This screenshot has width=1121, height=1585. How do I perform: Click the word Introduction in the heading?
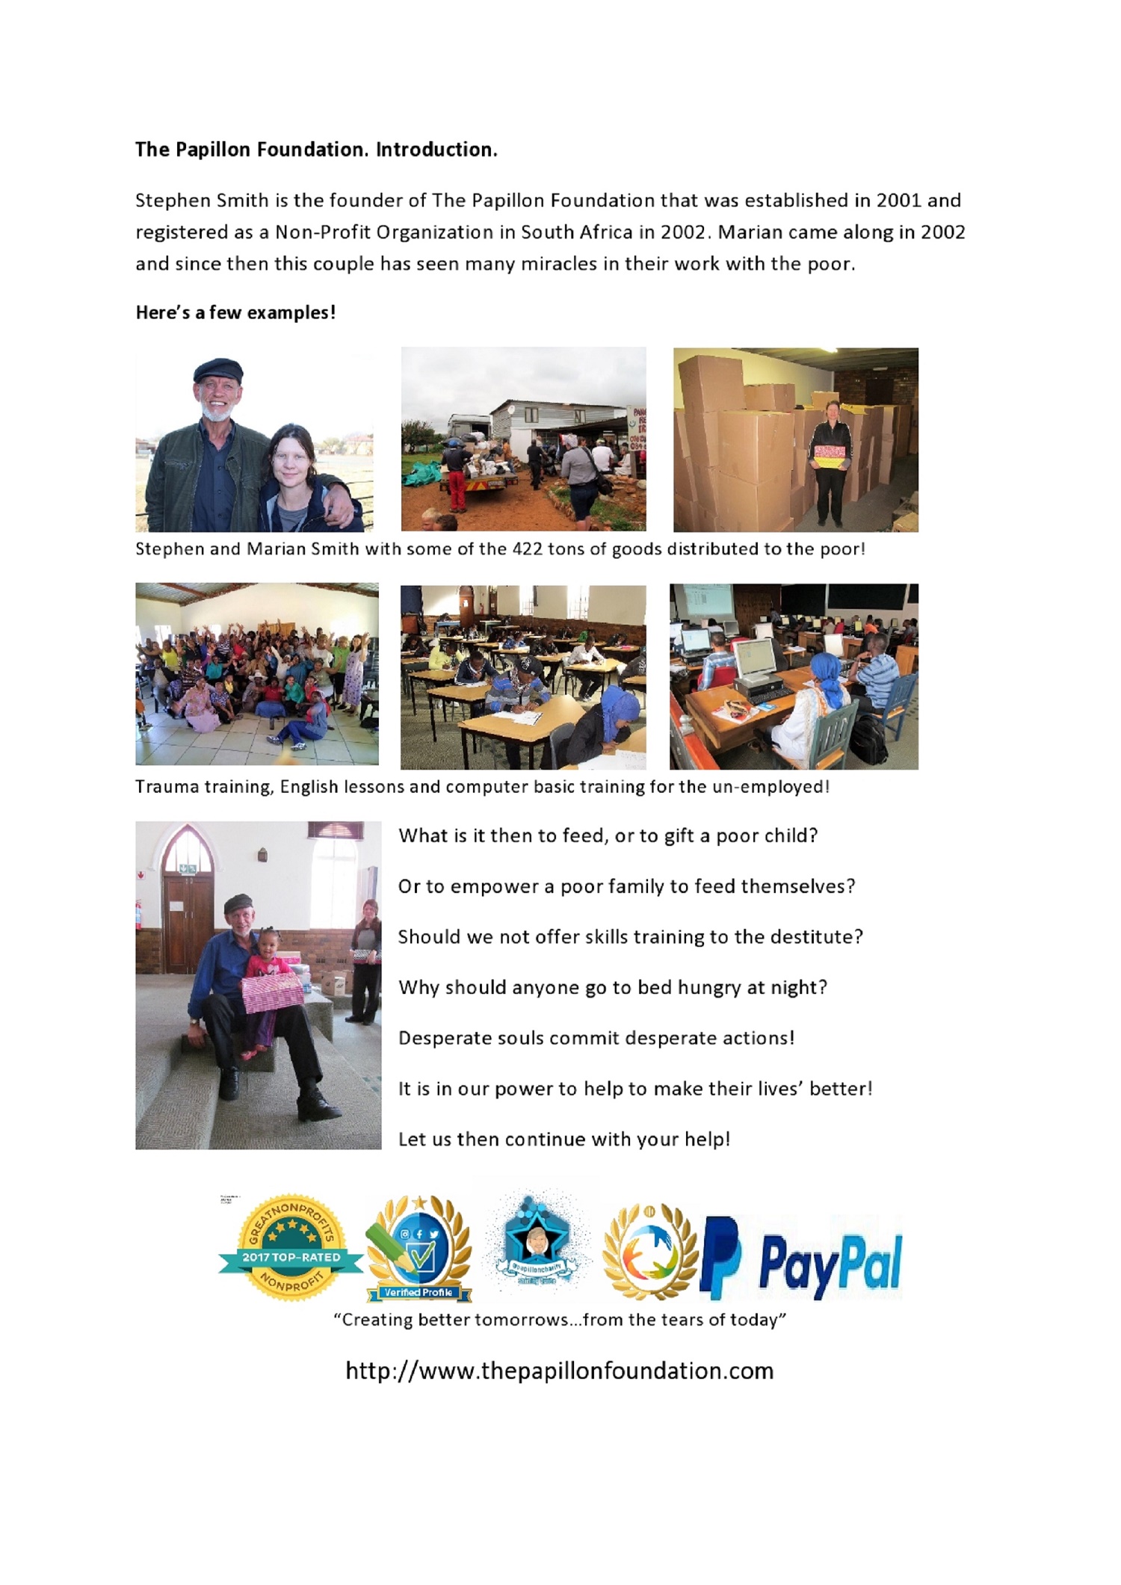pyautogui.click(x=436, y=149)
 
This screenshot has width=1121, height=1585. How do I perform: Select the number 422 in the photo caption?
pyautogui.click(x=527, y=549)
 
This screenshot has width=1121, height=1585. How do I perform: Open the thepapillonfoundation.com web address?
pyautogui.click(x=559, y=1371)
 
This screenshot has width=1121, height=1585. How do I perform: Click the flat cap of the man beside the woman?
pyautogui.click(x=217, y=370)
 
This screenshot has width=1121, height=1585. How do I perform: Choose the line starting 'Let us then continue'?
pyautogui.click(x=563, y=1140)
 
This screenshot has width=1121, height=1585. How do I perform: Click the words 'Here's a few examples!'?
pyautogui.click(x=235, y=312)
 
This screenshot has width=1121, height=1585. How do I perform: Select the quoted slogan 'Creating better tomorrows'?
pyautogui.click(x=560, y=1320)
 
